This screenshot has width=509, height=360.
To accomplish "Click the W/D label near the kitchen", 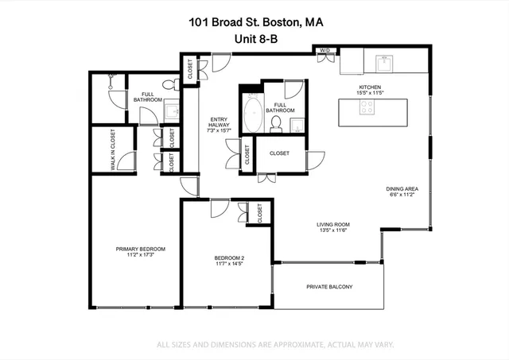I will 324,51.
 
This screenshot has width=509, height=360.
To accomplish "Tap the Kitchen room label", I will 371,87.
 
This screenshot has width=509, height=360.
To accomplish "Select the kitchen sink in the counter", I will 384,60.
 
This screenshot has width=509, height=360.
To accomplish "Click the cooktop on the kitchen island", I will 367,110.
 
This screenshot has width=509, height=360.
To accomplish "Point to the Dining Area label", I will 402,188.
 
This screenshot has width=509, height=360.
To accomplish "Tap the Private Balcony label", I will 329,287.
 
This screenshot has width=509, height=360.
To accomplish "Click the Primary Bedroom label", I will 134,249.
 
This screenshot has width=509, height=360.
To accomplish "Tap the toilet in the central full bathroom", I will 276,123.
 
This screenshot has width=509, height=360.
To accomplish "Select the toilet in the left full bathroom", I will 168,85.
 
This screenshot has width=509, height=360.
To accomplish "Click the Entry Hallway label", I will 218,122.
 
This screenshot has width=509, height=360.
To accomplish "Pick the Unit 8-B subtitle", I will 254,38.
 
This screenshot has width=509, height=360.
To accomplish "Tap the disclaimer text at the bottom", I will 274,344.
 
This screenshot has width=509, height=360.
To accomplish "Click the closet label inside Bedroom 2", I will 260,212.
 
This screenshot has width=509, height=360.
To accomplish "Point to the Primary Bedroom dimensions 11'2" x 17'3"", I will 134,255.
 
